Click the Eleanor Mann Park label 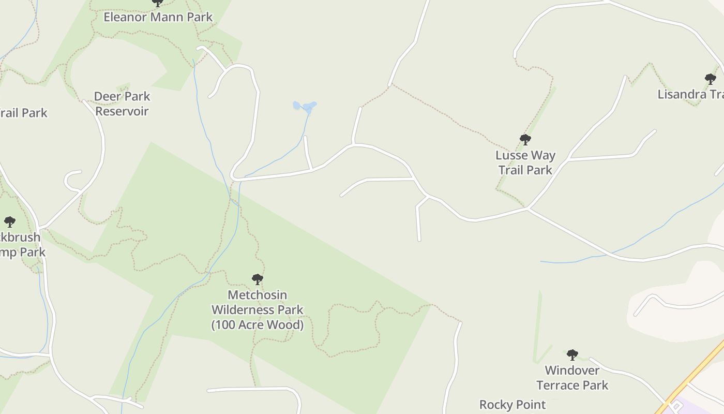tap(158, 17)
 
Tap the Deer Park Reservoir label tap(122, 103)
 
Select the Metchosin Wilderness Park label tap(257, 309)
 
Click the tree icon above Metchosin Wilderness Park tap(257, 279)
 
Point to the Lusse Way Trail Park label tap(525, 162)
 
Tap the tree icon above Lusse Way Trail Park tap(525, 140)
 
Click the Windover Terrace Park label tap(572, 378)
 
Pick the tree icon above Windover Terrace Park tap(572, 355)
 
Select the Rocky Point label tap(512, 405)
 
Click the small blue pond tap(305, 107)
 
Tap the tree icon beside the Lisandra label tap(711, 79)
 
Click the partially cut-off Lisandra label tap(690, 94)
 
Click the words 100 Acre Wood tap(257, 325)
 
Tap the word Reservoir tap(122, 111)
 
